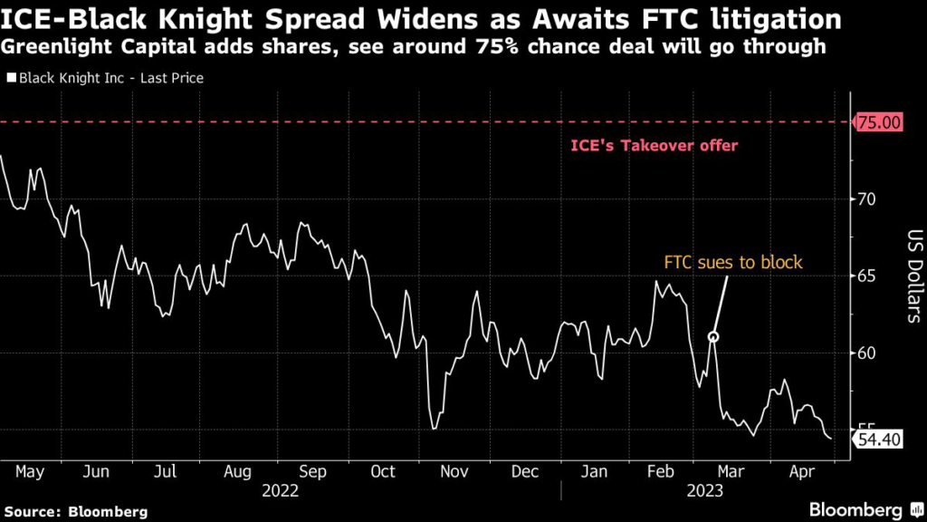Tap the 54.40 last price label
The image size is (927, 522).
pos(878,440)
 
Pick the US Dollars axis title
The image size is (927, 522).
pos(913,276)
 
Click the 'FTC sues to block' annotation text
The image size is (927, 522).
pos(733,263)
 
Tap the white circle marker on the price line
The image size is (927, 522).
pos(713,337)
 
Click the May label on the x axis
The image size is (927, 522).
pos(32,471)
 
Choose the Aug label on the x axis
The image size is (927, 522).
pos(237,471)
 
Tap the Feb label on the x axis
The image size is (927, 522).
pos(663,471)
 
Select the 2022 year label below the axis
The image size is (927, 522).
pos(281,490)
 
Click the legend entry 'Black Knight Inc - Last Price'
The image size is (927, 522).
pos(104,78)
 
